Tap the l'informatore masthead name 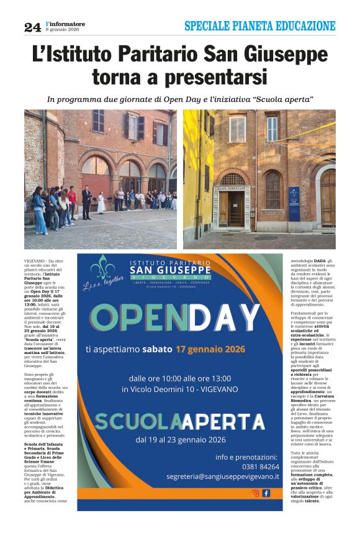coord(65,24)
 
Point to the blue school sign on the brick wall coord(294,203)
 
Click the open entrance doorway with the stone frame coord(236,207)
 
